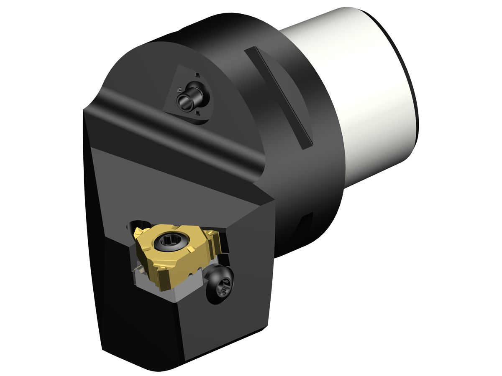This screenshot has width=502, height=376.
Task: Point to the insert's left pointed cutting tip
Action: pyautogui.click(x=137, y=231)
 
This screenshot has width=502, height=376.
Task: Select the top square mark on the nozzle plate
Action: pyautogui.click(x=195, y=74)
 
